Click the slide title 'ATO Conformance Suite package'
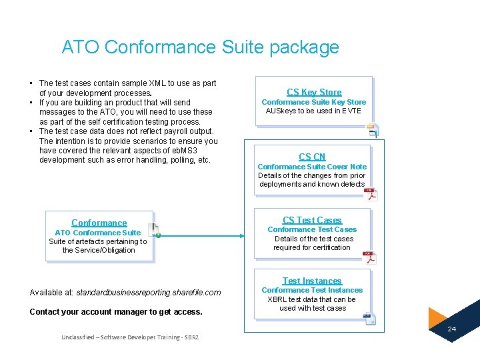[x=200, y=47]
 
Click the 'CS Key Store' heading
[x=314, y=92]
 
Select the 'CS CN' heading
[x=312, y=157]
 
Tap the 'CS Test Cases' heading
[x=312, y=220]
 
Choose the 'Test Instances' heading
[x=312, y=281]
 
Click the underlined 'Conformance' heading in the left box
[x=99, y=223]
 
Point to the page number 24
[x=451, y=329]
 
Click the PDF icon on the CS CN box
[x=370, y=193]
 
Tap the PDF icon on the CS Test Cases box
[x=369, y=257]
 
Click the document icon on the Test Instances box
[x=369, y=319]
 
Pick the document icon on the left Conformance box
[x=154, y=229]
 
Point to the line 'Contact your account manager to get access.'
[x=116, y=311]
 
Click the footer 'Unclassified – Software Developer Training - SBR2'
[x=129, y=337]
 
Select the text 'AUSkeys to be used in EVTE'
[x=313, y=111]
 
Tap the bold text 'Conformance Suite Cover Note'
[x=312, y=167]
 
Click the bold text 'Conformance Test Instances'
[x=312, y=290]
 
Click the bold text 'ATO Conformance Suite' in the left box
[x=98, y=233]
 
